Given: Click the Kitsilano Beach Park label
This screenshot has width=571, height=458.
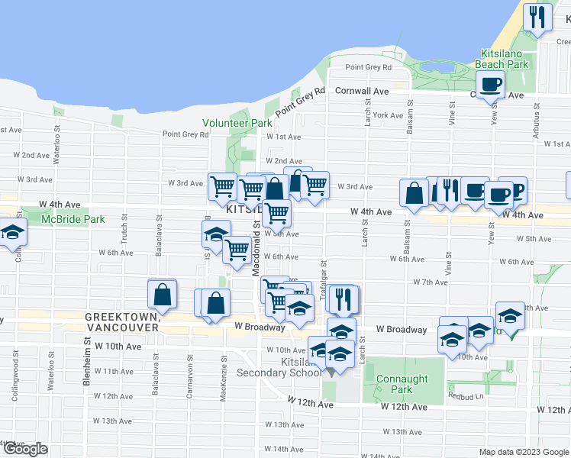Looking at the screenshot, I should [502, 60].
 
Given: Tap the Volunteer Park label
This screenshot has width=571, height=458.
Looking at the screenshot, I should [237, 123].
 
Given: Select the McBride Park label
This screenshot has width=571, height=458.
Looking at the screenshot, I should [73, 219].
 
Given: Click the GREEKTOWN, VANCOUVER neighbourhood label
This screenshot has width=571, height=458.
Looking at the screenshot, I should [122, 321].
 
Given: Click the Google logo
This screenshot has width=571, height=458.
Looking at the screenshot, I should [24, 449].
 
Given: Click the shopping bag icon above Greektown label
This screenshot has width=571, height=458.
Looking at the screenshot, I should [163, 294].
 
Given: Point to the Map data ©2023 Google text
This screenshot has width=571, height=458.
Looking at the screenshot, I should [524, 452].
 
